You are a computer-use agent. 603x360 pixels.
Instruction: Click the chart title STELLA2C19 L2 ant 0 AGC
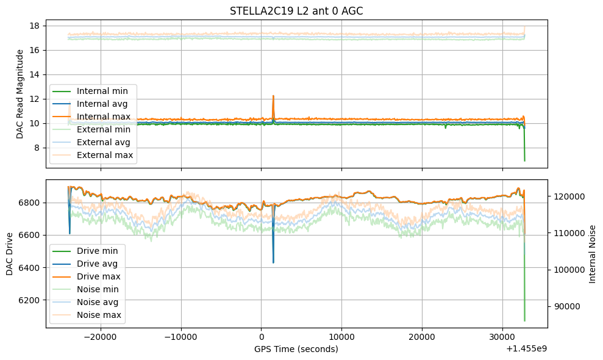tap(296, 11)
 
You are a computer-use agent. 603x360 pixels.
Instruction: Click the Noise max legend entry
tap(99, 315)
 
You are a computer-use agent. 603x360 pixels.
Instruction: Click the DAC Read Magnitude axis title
tap(20, 93)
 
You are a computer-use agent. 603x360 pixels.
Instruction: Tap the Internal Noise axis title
tap(592, 253)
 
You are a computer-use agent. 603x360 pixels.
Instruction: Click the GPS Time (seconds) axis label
tap(296, 349)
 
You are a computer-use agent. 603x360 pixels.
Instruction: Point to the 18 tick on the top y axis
tap(34, 26)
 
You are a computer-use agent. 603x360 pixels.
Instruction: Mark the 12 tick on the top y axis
tap(34, 99)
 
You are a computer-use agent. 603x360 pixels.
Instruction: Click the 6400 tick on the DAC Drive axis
tap(29, 268)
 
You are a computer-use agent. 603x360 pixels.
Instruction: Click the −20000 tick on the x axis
tap(101, 337)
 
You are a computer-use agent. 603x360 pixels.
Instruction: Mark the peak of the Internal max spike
tap(273, 96)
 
